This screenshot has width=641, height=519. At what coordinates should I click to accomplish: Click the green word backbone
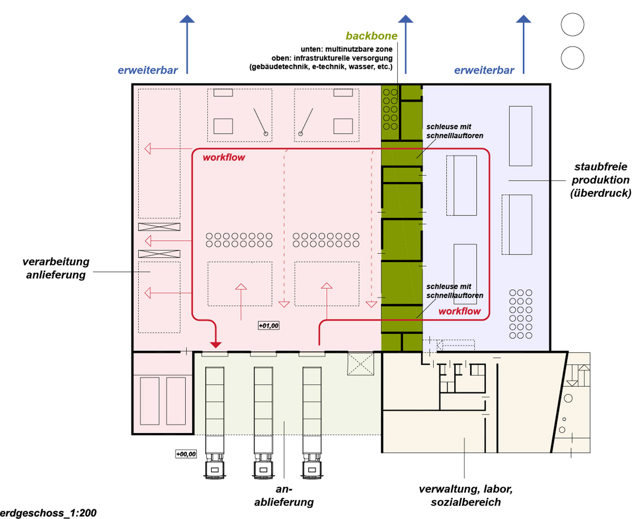pos(372,36)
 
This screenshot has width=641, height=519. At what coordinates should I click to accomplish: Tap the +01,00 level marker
pos(268,325)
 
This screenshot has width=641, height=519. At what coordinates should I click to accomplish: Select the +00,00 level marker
pos(186,454)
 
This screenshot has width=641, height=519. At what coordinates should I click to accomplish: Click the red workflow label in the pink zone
pos(224,157)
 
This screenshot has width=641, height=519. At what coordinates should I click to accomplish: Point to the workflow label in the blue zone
pos(459,311)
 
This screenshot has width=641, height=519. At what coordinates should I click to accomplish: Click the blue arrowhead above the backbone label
pos(406,19)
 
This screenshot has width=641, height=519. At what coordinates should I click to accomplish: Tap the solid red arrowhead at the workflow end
pos(216,345)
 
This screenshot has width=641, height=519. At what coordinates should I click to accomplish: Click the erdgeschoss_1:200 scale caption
pos(48,513)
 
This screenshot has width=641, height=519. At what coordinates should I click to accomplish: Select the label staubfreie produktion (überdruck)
pos(601,180)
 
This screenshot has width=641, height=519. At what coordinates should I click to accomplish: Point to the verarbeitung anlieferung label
pos(56,268)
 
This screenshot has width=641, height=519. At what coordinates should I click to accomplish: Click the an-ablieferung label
pos(284,496)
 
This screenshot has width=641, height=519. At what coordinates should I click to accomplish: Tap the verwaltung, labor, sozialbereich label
pos(466,496)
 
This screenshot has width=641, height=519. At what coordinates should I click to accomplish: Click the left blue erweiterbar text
pos(148,70)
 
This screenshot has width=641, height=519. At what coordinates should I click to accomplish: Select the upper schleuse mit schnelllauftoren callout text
pos(455,131)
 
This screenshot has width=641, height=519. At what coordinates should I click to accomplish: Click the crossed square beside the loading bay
pos(361,364)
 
